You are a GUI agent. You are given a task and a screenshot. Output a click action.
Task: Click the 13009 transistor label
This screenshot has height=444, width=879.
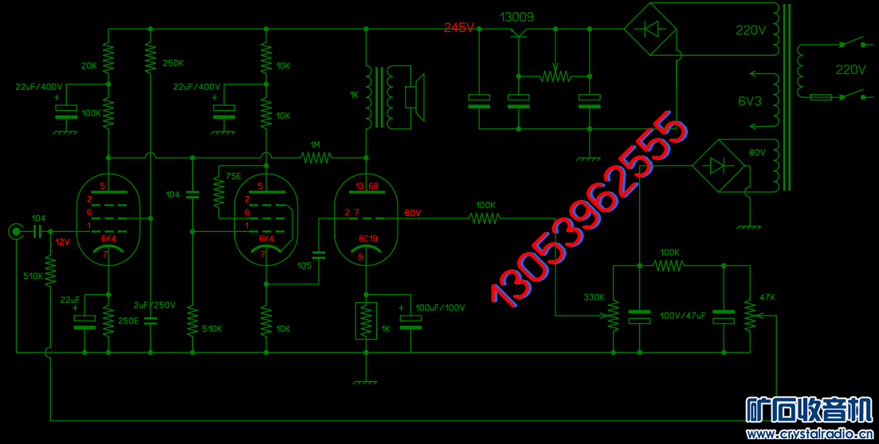point(516,18)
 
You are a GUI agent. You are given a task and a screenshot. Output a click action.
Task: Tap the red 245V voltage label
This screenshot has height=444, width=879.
point(459,27)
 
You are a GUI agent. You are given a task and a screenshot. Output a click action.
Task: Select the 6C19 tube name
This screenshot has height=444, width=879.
point(368,238)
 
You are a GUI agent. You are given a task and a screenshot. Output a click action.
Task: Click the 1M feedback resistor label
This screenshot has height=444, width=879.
point(316,144)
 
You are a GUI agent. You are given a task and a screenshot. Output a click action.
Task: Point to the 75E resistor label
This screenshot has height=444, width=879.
point(233,175)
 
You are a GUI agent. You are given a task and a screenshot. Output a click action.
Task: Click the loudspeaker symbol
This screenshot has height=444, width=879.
point(415,96)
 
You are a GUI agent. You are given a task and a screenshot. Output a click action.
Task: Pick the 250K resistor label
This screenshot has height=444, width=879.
point(173,63)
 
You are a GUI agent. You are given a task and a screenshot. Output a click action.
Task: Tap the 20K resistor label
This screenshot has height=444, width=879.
point(89,65)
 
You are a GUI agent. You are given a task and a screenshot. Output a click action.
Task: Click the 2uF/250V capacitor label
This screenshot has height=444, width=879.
point(154,305)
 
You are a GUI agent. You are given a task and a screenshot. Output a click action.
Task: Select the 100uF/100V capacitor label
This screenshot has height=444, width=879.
point(440,308)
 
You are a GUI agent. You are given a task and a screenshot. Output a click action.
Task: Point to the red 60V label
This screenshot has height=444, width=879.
point(413,213)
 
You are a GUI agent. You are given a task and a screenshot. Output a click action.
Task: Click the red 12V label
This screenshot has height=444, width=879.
point(63,242)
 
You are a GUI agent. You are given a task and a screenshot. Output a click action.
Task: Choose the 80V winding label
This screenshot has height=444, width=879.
point(756,152)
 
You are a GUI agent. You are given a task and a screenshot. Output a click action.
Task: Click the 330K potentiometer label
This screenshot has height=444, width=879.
point(594,297)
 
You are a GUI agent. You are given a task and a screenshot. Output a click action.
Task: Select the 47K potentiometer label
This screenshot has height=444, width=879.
point(768,297)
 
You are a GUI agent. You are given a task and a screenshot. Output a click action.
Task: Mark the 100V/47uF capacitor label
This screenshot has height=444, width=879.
point(682,315)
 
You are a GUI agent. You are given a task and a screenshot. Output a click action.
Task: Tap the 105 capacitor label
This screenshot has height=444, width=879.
point(305,265)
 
